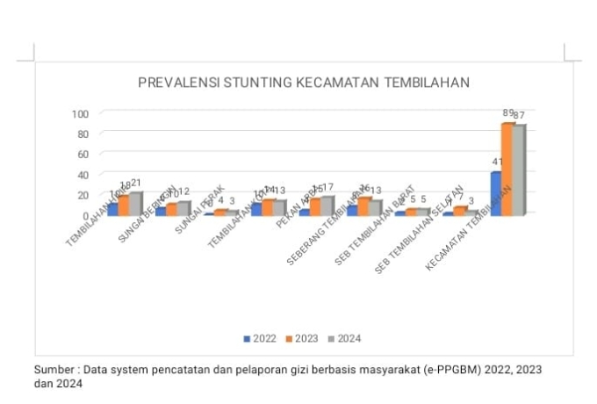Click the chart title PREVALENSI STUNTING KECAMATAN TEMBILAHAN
point(304,83)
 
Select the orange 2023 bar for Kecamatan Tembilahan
point(507,169)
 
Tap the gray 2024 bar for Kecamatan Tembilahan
point(519,170)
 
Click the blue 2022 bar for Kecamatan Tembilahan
point(495,192)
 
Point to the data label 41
point(497,162)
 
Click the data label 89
point(508,113)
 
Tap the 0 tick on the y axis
point(86,214)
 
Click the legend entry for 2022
point(260,338)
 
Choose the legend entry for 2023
point(302,338)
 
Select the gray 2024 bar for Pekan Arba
point(327,205)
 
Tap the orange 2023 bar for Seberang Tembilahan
point(363,206)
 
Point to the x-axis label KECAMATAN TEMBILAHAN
point(468,233)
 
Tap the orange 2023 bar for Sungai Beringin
point(171,209)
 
